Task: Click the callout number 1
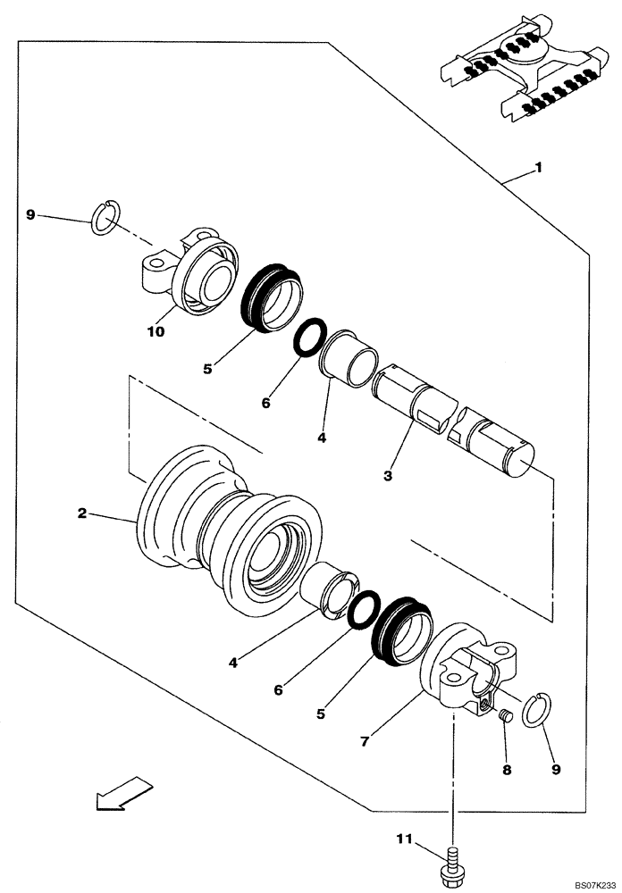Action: click(x=538, y=168)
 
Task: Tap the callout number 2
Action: click(x=81, y=513)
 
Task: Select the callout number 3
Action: click(x=388, y=476)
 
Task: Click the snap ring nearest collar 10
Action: click(x=106, y=219)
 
